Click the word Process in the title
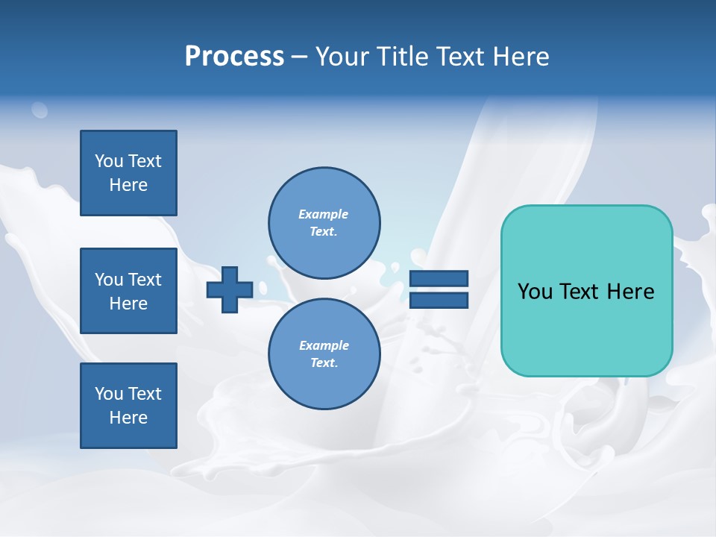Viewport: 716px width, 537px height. [x=234, y=57]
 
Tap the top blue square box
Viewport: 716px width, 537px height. [x=128, y=173]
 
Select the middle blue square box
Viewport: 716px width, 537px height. [x=128, y=291]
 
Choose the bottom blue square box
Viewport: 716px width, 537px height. [x=128, y=406]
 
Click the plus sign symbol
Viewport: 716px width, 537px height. [x=230, y=289]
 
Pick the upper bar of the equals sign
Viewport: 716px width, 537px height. [x=439, y=278]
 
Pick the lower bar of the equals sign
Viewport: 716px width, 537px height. [x=439, y=300]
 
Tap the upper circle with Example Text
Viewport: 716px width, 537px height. [x=324, y=222]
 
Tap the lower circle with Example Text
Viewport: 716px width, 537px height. [x=324, y=354]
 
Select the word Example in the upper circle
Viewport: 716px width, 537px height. [x=324, y=214]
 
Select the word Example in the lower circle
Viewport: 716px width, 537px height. [x=324, y=345]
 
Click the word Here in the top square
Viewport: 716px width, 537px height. [x=128, y=185]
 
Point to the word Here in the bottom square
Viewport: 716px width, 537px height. [x=128, y=418]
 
